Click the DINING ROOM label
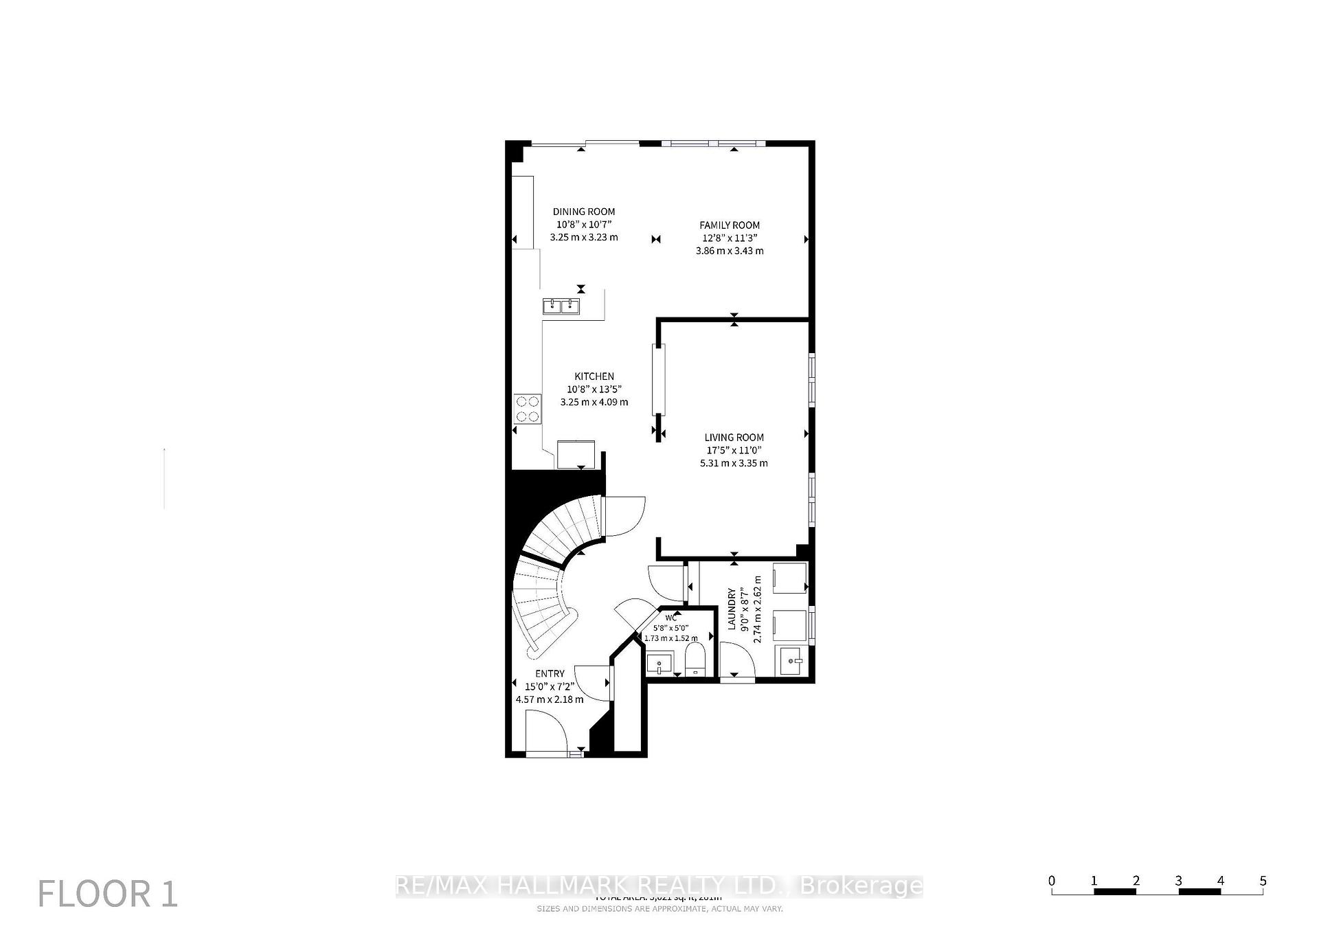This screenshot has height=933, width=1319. click(x=584, y=212)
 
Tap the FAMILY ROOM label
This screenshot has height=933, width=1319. click(x=730, y=225)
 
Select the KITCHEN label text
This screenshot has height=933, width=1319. click(x=594, y=376)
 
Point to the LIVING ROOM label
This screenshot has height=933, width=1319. click(x=734, y=437)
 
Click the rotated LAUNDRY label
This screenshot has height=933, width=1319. click(x=732, y=608)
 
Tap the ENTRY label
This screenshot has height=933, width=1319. click(x=550, y=673)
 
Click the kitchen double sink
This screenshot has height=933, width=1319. click(x=561, y=306)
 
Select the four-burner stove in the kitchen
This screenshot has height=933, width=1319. click(x=528, y=409)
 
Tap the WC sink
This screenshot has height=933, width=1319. click(x=659, y=664)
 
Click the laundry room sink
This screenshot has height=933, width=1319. click(x=792, y=660)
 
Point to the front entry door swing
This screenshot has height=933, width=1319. click(x=546, y=733)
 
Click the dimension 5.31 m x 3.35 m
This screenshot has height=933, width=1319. click(x=734, y=463)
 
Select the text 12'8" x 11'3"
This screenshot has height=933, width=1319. click(x=730, y=238)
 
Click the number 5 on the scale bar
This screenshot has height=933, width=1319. click(x=1263, y=881)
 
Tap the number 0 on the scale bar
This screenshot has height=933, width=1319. click(x=1052, y=881)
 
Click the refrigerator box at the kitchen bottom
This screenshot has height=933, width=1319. click(x=576, y=453)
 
